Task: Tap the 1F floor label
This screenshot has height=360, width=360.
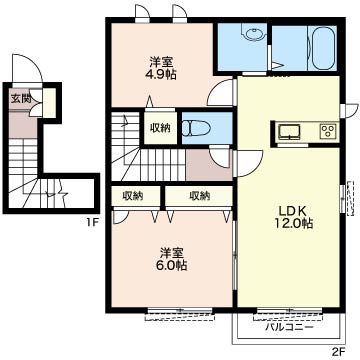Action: point(91,223)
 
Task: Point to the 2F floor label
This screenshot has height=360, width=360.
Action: point(338,351)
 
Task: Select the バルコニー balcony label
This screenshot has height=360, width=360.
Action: point(289,327)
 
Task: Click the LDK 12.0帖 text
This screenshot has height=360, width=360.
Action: point(293,217)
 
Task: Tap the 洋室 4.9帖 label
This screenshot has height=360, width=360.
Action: point(161,68)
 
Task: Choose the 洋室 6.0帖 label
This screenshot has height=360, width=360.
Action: point(171,259)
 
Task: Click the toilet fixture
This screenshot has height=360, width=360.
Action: point(197,129)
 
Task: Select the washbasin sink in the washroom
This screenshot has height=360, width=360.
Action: point(254,34)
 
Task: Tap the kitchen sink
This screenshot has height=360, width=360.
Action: point(290,131)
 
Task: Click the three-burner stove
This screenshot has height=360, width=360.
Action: point(329,131)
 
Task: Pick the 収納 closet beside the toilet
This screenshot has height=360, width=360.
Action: point(160,128)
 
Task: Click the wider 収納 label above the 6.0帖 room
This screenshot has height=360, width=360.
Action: point(200,196)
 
